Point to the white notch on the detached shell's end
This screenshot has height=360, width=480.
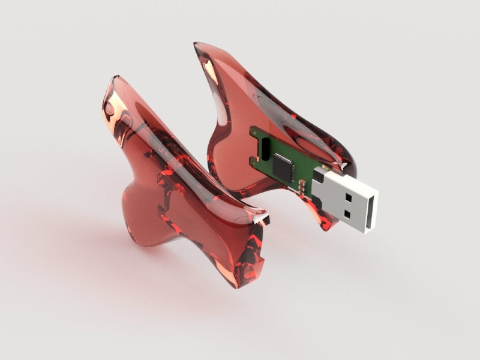point(259,220)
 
